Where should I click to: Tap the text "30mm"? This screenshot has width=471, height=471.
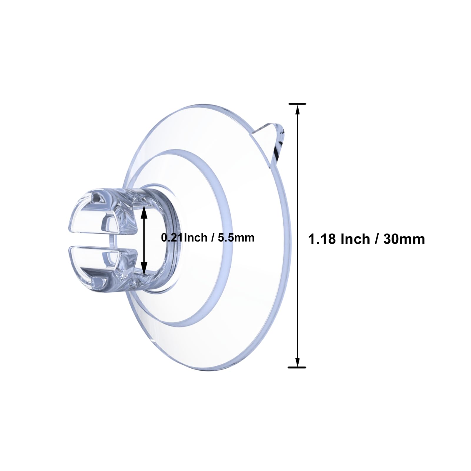click(x=404, y=239)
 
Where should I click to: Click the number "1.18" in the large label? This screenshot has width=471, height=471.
click(x=322, y=239)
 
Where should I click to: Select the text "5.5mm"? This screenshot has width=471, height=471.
click(x=236, y=237)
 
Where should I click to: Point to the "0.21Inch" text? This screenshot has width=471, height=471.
click(x=184, y=237)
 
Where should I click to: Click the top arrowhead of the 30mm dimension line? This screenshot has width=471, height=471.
click(x=297, y=110)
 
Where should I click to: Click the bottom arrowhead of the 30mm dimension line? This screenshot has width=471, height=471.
click(x=297, y=362)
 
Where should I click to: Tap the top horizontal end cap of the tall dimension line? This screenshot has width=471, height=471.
click(x=297, y=104)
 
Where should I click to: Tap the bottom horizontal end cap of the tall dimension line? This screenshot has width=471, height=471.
click(x=297, y=367)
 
